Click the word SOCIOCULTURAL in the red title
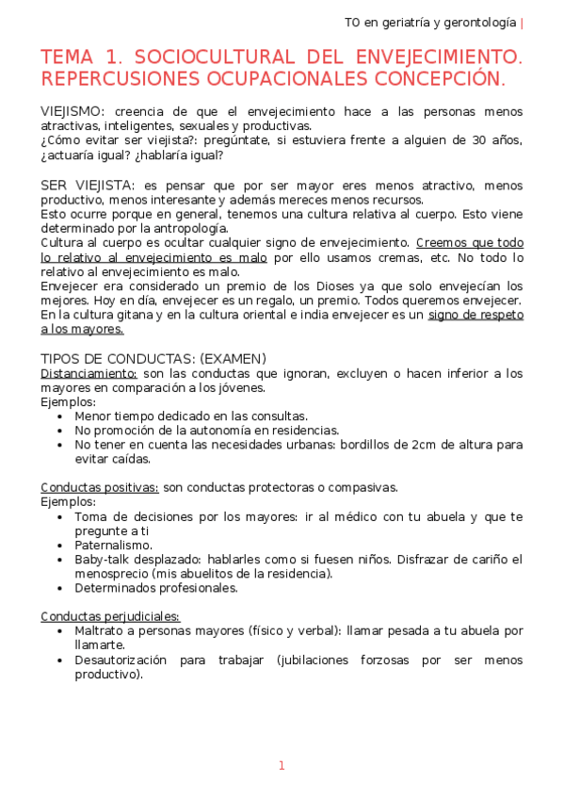(205, 58)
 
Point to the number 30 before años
(480, 140)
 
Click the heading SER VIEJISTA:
(88, 186)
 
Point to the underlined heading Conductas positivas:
(99, 487)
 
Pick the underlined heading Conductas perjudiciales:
(110, 616)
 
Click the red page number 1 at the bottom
(281, 766)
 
